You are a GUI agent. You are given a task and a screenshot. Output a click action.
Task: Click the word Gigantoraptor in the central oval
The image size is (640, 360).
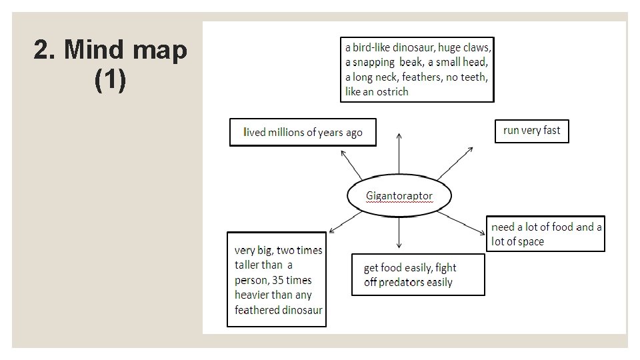399,196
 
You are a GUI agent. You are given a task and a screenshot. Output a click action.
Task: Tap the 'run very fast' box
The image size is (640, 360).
531,131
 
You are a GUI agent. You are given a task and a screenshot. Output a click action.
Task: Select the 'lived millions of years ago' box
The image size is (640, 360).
303,132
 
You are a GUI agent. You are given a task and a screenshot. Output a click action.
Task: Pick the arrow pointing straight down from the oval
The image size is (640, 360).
399,233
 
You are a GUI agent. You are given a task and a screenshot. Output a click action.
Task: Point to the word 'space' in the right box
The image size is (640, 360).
531,241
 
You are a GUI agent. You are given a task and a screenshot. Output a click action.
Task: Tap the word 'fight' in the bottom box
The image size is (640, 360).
445,267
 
